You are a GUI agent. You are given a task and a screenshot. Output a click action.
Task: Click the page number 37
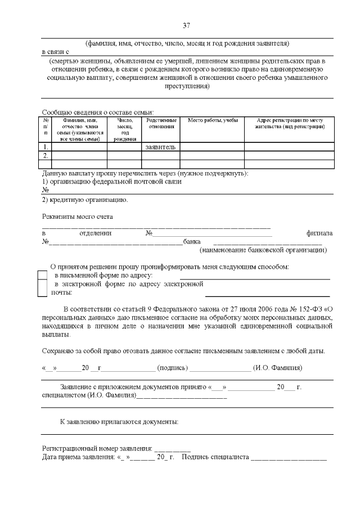(x=187, y=25)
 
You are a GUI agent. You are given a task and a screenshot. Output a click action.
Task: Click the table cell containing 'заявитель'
(x=160, y=147)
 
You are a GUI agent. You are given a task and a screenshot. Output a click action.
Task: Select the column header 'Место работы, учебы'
(x=212, y=121)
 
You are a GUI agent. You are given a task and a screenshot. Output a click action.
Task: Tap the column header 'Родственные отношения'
(x=160, y=124)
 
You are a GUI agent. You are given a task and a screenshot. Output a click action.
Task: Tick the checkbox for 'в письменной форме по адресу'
(x=42, y=276)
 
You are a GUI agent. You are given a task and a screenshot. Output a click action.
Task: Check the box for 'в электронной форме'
(x=42, y=288)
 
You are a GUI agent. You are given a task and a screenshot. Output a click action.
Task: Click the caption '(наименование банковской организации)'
(x=264, y=250)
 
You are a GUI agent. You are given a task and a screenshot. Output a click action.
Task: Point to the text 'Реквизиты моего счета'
(x=78, y=217)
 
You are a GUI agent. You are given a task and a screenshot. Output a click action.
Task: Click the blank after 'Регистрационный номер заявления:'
(x=172, y=449)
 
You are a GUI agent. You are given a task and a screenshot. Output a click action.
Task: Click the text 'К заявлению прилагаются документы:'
(x=119, y=421)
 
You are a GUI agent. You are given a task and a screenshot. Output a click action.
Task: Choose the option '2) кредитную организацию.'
(x=85, y=200)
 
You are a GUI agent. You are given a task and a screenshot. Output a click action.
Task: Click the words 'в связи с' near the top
(x=55, y=51)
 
